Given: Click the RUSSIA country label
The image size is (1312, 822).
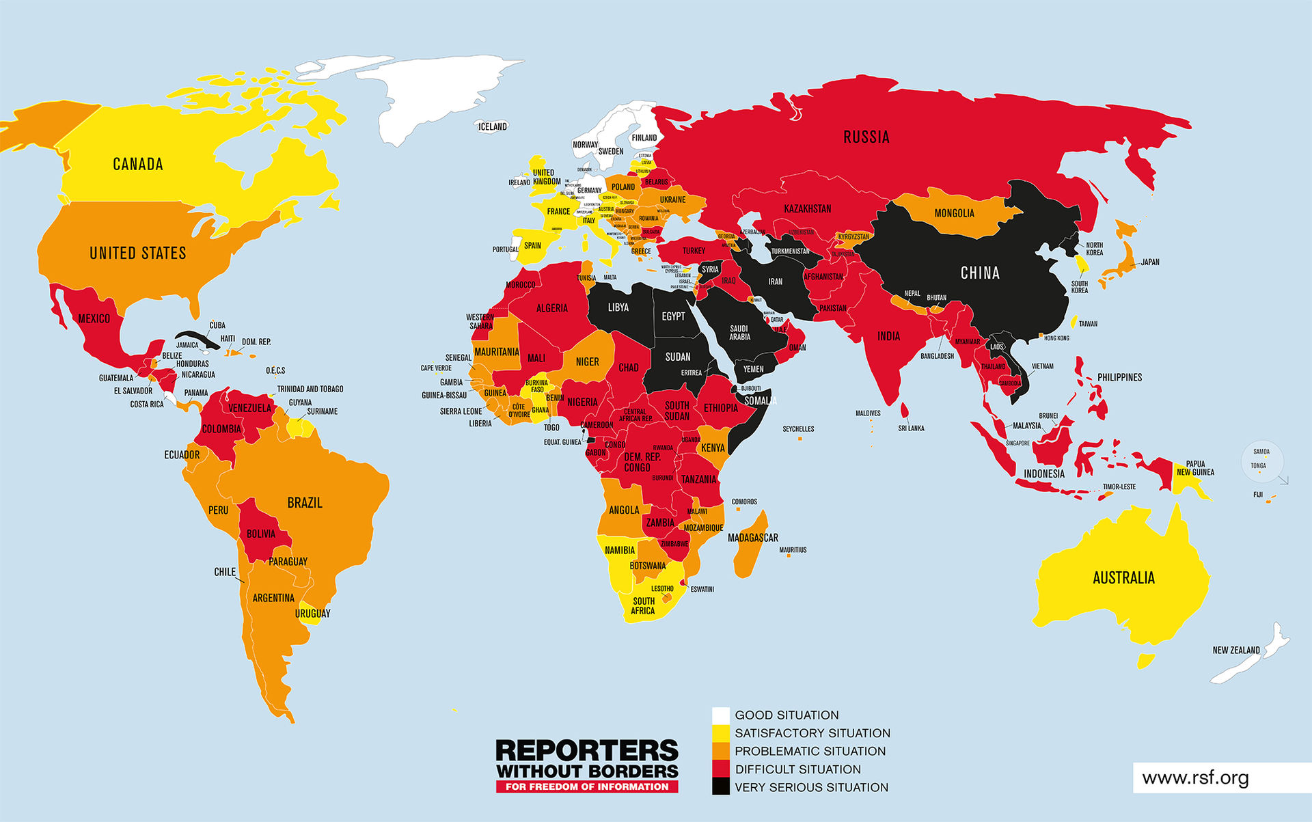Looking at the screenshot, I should pos(866,137).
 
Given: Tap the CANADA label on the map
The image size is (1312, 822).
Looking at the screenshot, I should pos(138,164).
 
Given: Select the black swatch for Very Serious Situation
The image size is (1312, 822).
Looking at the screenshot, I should pos(720,787).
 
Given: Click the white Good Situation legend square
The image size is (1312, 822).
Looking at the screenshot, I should pos(720,715).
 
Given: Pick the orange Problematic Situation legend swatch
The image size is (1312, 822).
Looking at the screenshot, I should pos(720,751).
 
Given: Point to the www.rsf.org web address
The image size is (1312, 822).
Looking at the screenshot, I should pos(1195,778).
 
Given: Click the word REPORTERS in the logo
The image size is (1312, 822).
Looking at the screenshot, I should pos(586,750).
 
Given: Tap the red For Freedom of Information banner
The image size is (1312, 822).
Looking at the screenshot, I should pos(586,786).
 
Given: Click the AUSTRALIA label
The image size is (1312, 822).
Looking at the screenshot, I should pos(1123,578).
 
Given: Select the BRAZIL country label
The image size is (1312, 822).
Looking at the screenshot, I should pos(304,503).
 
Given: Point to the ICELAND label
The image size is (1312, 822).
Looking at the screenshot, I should pos(492,126).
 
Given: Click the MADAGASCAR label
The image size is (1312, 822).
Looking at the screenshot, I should pos(752,538).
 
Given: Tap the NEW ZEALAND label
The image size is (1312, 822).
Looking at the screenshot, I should pos(1235,650).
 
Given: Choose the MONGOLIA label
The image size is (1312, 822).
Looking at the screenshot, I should pos(954,213).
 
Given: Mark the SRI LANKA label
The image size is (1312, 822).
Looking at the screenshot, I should pos(911,428).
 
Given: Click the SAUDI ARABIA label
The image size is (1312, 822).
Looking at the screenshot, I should pos(739,333).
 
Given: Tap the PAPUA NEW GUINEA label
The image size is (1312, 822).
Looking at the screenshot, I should pos(1195,468).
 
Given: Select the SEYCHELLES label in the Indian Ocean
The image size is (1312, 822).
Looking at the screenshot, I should pos(798,429).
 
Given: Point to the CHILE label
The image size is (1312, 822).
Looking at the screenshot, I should pos(224,572).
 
